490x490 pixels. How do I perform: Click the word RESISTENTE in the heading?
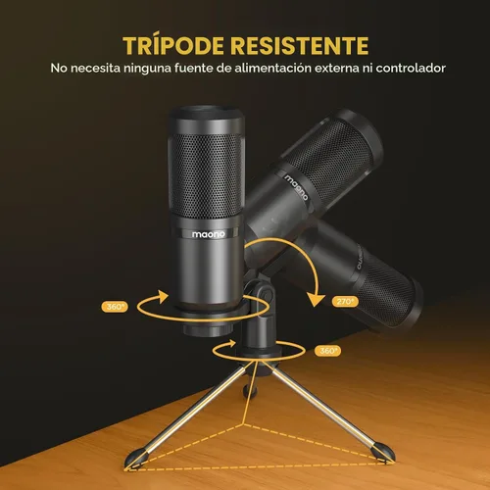click(300, 45)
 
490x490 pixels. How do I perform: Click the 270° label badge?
click(345, 301)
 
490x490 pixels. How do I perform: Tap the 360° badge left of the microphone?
click(115, 307)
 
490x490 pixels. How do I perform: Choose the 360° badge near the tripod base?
click(327, 351)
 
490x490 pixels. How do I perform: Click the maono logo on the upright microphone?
click(208, 234)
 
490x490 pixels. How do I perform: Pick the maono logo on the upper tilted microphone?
click(296, 187)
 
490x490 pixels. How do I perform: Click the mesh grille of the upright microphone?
click(206, 175)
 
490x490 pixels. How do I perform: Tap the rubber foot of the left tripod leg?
click(135, 459)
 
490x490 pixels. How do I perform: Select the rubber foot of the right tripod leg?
click(384, 452)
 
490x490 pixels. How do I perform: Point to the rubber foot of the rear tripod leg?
click(251, 390)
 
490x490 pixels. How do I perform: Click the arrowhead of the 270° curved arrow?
click(317, 299)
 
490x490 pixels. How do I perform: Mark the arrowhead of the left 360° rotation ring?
click(163, 296)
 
